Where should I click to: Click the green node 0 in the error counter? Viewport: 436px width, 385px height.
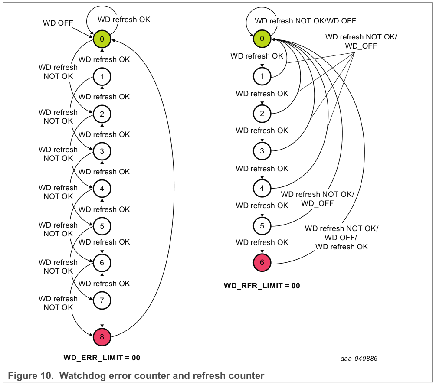pyautogui.click(x=102, y=39)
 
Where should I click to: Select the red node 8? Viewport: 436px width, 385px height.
pyautogui.click(x=102, y=336)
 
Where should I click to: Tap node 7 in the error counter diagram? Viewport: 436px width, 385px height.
pyautogui.click(x=102, y=300)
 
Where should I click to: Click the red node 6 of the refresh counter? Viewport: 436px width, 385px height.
pyautogui.click(x=262, y=262)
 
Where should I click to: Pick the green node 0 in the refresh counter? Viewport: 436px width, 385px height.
pyautogui.click(x=262, y=39)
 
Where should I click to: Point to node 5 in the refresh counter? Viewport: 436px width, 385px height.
pyautogui.click(x=262, y=225)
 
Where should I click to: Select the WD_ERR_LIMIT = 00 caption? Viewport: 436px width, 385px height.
pyautogui.click(x=102, y=358)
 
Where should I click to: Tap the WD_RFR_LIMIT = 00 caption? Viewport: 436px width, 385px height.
pyautogui.click(x=262, y=286)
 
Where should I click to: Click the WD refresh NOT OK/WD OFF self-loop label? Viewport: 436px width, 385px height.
pyautogui.click(x=305, y=20)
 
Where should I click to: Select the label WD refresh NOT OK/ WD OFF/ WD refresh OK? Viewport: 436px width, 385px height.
pyautogui.click(x=341, y=237)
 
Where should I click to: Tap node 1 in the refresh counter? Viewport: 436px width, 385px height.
pyautogui.click(x=262, y=76)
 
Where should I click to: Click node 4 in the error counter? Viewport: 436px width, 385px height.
pyautogui.click(x=102, y=188)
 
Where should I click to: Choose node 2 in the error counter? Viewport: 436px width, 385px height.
pyautogui.click(x=102, y=114)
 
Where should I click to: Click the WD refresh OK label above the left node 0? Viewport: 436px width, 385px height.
pyautogui.click(x=124, y=20)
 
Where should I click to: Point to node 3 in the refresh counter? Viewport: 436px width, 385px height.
pyautogui.click(x=262, y=151)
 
